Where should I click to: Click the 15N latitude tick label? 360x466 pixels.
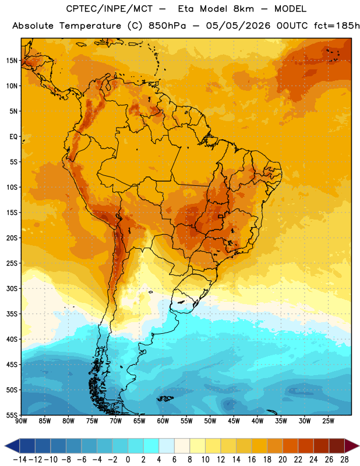pyautogui.click(x=12, y=61)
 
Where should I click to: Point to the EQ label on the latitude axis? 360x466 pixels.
pyautogui.click(x=13, y=137)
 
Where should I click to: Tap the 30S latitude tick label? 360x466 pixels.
pyautogui.click(x=12, y=289)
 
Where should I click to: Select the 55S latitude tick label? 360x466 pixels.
pyautogui.click(x=12, y=415)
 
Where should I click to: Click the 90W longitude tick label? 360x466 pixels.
pyautogui.click(x=21, y=421)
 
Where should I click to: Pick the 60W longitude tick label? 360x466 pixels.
pyautogui.click(x=163, y=421)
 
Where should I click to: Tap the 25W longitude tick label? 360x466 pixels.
pyautogui.click(x=329, y=421)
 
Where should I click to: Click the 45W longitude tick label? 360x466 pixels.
pyautogui.click(x=234, y=421)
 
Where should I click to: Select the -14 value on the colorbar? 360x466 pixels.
pyautogui.click(x=20, y=460)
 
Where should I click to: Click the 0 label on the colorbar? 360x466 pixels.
pyautogui.click(x=128, y=460)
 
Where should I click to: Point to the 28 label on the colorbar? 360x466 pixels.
pyautogui.click(x=344, y=460)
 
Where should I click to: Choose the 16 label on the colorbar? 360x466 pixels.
pyautogui.click(x=252, y=460)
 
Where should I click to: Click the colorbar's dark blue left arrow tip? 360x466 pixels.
pyautogui.click(x=5, y=446)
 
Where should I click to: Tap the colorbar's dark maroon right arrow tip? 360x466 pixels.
pyautogui.click(x=359, y=446)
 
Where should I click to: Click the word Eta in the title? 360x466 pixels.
pyautogui.click(x=186, y=9)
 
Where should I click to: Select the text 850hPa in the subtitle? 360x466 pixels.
pyautogui.click(x=167, y=26)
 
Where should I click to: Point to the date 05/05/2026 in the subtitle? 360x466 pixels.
pyautogui.click(x=238, y=26)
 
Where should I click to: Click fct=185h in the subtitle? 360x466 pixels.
pyautogui.click(x=337, y=26)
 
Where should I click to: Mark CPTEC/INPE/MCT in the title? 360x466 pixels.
pyautogui.click(x=110, y=9)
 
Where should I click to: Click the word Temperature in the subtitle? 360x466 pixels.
pyautogui.click(x=90, y=26)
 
